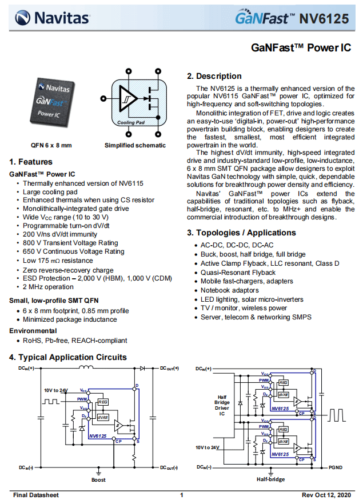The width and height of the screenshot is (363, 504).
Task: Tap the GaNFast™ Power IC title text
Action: tap(301, 48)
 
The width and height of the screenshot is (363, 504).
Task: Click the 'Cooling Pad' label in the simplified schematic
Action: tap(131, 122)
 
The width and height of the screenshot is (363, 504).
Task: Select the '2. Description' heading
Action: tap(214, 76)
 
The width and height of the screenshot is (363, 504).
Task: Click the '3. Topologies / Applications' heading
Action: tap(241, 233)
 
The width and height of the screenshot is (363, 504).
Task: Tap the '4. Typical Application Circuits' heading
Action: tap(68, 357)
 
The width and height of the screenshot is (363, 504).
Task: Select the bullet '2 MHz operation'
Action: tap(48, 287)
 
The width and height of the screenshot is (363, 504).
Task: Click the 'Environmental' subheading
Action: tap(33, 330)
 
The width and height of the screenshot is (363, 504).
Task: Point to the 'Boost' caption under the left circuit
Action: tap(98, 480)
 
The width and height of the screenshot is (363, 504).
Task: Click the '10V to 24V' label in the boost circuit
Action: tap(56, 390)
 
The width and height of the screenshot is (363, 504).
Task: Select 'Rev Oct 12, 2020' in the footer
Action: tap(326, 495)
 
